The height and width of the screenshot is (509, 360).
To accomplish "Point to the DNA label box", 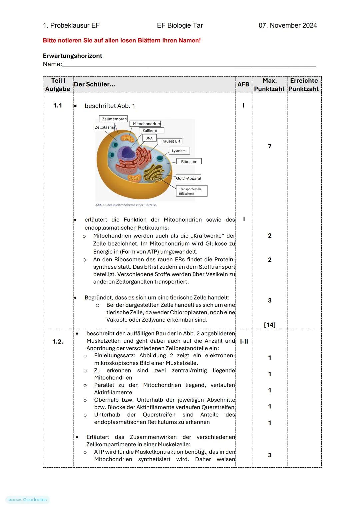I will pyautogui.click(x=149, y=138).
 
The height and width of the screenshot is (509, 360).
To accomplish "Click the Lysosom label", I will pyautogui.click(x=179, y=151).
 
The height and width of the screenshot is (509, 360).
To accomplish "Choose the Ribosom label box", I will pyautogui.click(x=189, y=162).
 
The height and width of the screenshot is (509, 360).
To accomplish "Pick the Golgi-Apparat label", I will pyautogui.click(x=188, y=178).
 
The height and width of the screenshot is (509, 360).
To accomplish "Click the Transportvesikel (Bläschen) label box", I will pyautogui.click(x=191, y=191).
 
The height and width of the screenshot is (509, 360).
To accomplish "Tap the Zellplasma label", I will pyautogui.click(x=105, y=127).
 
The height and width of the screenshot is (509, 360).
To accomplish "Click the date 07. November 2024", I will pyautogui.click(x=288, y=26).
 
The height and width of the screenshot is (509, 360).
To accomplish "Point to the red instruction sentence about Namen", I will pyautogui.click(x=122, y=41).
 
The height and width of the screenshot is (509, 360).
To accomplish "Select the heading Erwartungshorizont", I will pyautogui.click(x=72, y=56).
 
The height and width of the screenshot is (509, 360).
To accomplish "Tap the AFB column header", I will pyautogui.click(x=243, y=85).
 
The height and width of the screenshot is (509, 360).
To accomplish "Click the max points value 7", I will pyautogui.click(x=270, y=146).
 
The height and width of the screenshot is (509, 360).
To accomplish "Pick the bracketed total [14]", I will pyautogui.click(x=270, y=324).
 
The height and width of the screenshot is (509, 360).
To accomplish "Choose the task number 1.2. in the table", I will pyautogui.click(x=58, y=341).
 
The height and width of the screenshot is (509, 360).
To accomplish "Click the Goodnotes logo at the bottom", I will pyautogui.click(x=28, y=500).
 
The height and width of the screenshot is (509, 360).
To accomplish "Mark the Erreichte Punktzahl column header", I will pyautogui.click(x=304, y=85).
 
